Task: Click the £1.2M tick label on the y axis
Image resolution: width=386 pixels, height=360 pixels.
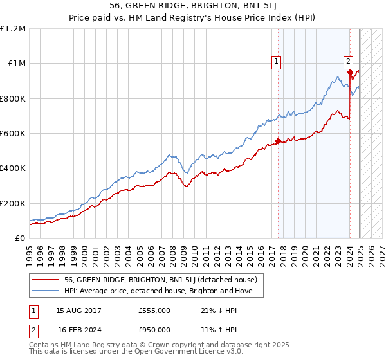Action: click(13, 29)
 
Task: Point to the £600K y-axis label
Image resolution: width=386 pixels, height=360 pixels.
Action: click(13, 134)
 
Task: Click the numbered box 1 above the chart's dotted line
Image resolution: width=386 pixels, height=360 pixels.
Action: click(276, 62)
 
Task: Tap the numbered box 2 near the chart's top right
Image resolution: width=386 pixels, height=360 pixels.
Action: click(348, 62)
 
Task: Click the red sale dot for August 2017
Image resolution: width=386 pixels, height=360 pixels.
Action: click(278, 141)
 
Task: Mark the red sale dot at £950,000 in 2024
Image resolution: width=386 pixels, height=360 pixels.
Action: click(350, 73)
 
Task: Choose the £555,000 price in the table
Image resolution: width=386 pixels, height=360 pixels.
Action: click(154, 310)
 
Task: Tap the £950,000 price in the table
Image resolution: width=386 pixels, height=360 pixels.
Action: click(154, 330)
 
